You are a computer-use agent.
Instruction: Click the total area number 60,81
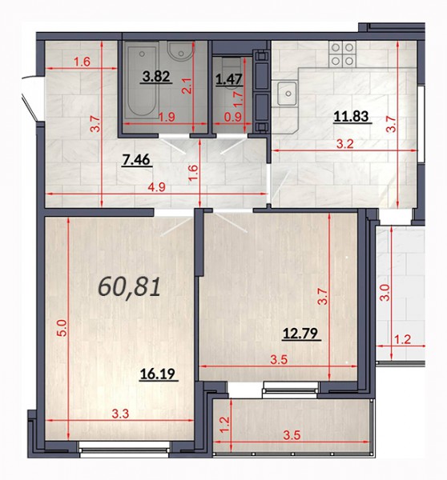click(130, 288)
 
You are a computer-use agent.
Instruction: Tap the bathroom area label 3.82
click(157, 76)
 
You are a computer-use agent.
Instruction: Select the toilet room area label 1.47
click(229, 79)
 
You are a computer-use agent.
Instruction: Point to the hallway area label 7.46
click(136, 159)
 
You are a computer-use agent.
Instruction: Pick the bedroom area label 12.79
click(300, 334)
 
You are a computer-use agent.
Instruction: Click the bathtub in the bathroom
click(142, 82)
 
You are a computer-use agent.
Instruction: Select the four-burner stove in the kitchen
click(342, 54)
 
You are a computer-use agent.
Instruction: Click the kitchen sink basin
click(288, 94)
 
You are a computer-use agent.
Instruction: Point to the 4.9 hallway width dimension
click(157, 187)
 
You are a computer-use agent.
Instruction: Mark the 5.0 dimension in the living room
click(62, 328)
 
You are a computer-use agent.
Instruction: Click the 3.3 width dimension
click(120, 414)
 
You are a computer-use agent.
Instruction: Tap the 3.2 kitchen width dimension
click(345, 144)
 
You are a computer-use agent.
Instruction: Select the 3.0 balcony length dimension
click(385, 293)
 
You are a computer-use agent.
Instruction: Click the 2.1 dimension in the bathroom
click(187, 86)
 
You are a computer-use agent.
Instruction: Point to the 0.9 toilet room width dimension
click(232, 117)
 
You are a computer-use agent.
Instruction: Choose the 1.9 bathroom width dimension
click(167, 117)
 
